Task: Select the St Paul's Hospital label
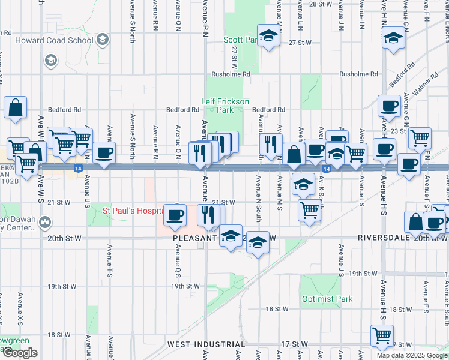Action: click(x=133, y=211)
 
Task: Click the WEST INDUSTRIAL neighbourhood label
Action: click(x=206, y=344)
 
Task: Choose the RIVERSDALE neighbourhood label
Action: click(x=384, y=238)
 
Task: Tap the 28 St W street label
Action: click(x=321, y=4)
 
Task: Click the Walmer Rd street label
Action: click(x=425, y=80)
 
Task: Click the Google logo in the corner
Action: click(x=20, y=353)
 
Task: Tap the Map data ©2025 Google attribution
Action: click(x=411, y=355)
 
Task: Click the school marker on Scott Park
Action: click(x=268, y=35)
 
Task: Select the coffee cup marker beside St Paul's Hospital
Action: click(x=175, y=214)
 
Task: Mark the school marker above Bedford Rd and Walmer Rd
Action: click(x=393, y=38)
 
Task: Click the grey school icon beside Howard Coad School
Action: click(x=102, y=40)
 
